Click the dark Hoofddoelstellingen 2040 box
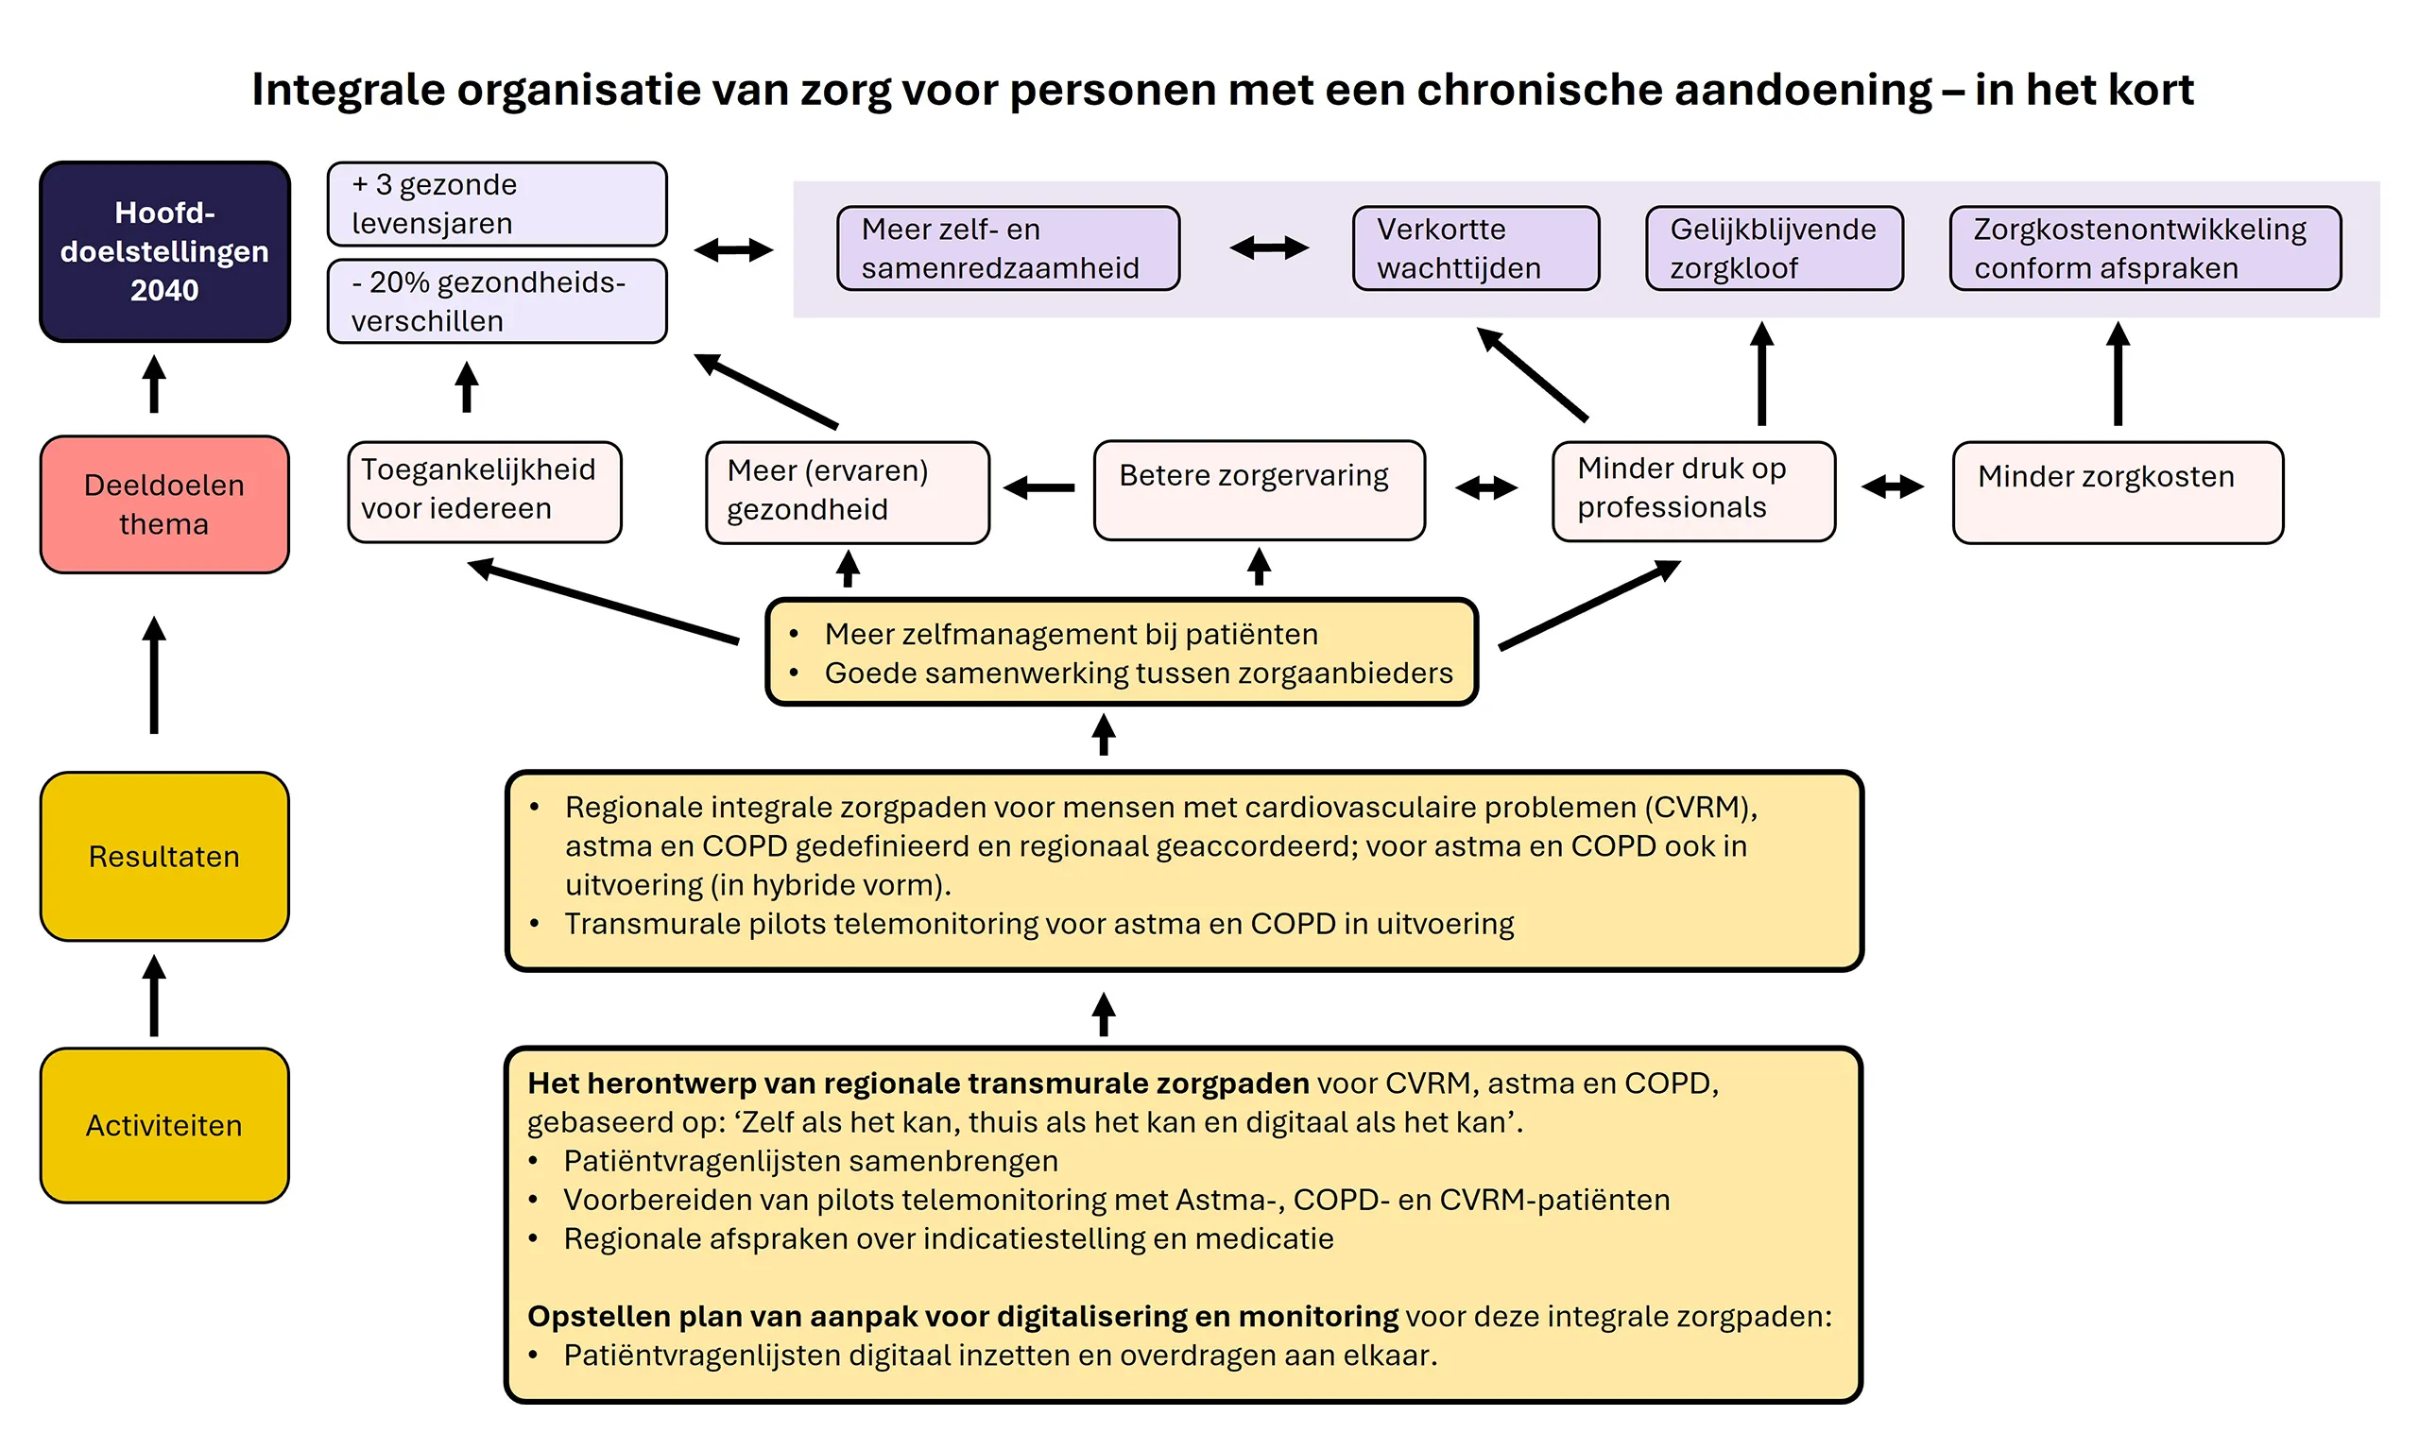coord(164,251)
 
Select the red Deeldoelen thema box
coord(164,504)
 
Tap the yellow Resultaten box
coord(164,856)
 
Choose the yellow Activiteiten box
coord(164,1125)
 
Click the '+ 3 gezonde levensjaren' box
coord(496,203)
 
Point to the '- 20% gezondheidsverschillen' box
coord(496,301)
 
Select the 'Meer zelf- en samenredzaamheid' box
coord(1007,248)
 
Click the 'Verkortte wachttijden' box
coord(1475,248)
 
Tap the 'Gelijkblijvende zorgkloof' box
coord(1773,248)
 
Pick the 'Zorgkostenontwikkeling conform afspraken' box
coord(2144,248)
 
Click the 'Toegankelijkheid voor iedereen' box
coord(484,491)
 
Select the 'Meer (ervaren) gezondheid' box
coord(847,491)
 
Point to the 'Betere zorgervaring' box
coord(1258,489)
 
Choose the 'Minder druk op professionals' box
coord(1692,490)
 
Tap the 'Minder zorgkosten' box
coord(2117,491)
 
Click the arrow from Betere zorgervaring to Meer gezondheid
coord(1039,486)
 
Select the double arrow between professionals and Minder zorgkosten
coord(1892,486)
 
